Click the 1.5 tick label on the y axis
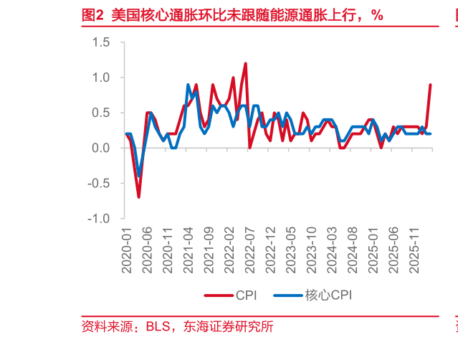pos(101,42)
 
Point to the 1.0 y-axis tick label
pos(101,77)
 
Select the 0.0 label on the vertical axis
pos(101,148)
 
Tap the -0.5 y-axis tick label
pos(98,184)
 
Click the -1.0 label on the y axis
pos(98,219)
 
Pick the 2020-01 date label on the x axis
pos(127,251)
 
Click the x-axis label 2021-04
pos(189,250)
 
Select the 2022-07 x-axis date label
pos(250,251)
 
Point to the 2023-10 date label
pos(312,250)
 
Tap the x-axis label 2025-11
pos(414,251)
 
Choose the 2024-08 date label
pos(353,250)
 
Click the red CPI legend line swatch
pos(219,295)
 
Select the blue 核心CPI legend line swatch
pos(288,295)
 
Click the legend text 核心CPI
pos(328,295)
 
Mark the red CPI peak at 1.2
pos(245,64)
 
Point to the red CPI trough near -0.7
pos(139,197)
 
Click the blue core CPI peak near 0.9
pos(188,85)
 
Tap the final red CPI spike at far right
pos(430,85)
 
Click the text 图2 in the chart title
pos(92,15)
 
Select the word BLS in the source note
pos(158,326)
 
